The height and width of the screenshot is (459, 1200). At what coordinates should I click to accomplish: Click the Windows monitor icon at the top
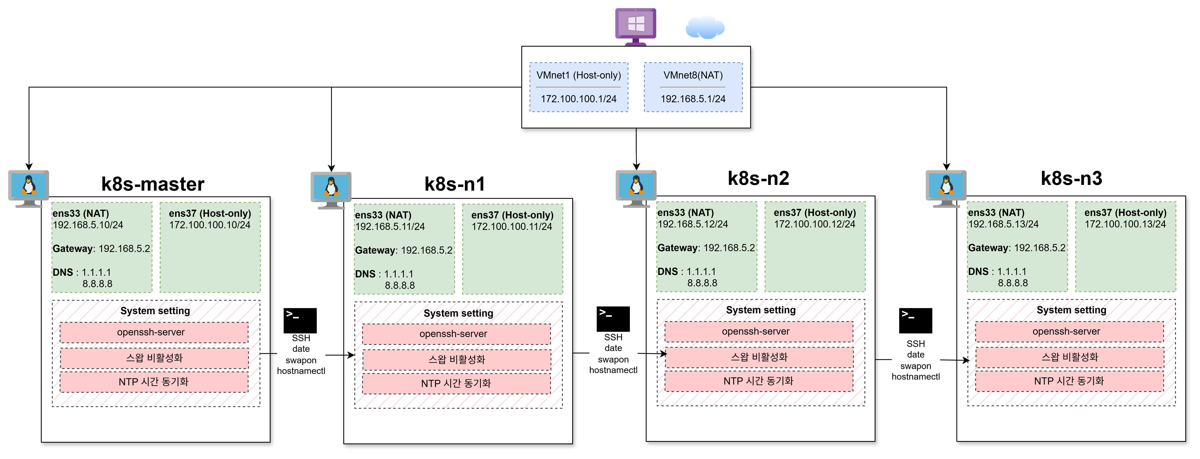635,27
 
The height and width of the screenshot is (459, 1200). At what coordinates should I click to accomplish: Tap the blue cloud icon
705,27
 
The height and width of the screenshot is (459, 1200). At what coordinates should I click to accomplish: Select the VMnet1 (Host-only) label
579,75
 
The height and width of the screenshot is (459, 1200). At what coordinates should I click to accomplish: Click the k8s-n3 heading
1071,178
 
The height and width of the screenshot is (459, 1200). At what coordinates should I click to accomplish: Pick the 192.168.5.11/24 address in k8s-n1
390,227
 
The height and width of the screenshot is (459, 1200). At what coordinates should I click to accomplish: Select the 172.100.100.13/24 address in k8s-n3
1125,224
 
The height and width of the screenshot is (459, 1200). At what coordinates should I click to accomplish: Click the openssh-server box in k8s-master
154,332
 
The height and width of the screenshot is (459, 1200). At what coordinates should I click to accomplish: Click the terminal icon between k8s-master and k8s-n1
300,321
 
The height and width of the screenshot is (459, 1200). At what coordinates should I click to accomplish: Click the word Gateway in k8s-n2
678,248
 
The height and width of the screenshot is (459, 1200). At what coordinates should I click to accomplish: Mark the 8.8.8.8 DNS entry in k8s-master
97,284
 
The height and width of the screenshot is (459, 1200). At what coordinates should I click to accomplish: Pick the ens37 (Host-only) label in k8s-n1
512,215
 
